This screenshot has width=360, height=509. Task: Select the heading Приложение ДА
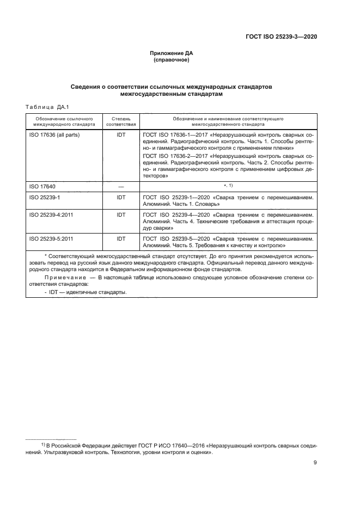172,53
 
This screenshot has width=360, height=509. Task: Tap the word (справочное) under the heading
172,60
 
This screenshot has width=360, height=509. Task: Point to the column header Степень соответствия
121,121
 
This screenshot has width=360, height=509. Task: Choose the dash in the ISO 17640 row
121,187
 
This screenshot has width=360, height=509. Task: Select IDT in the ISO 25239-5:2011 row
121,238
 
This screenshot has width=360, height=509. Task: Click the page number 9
315,463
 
